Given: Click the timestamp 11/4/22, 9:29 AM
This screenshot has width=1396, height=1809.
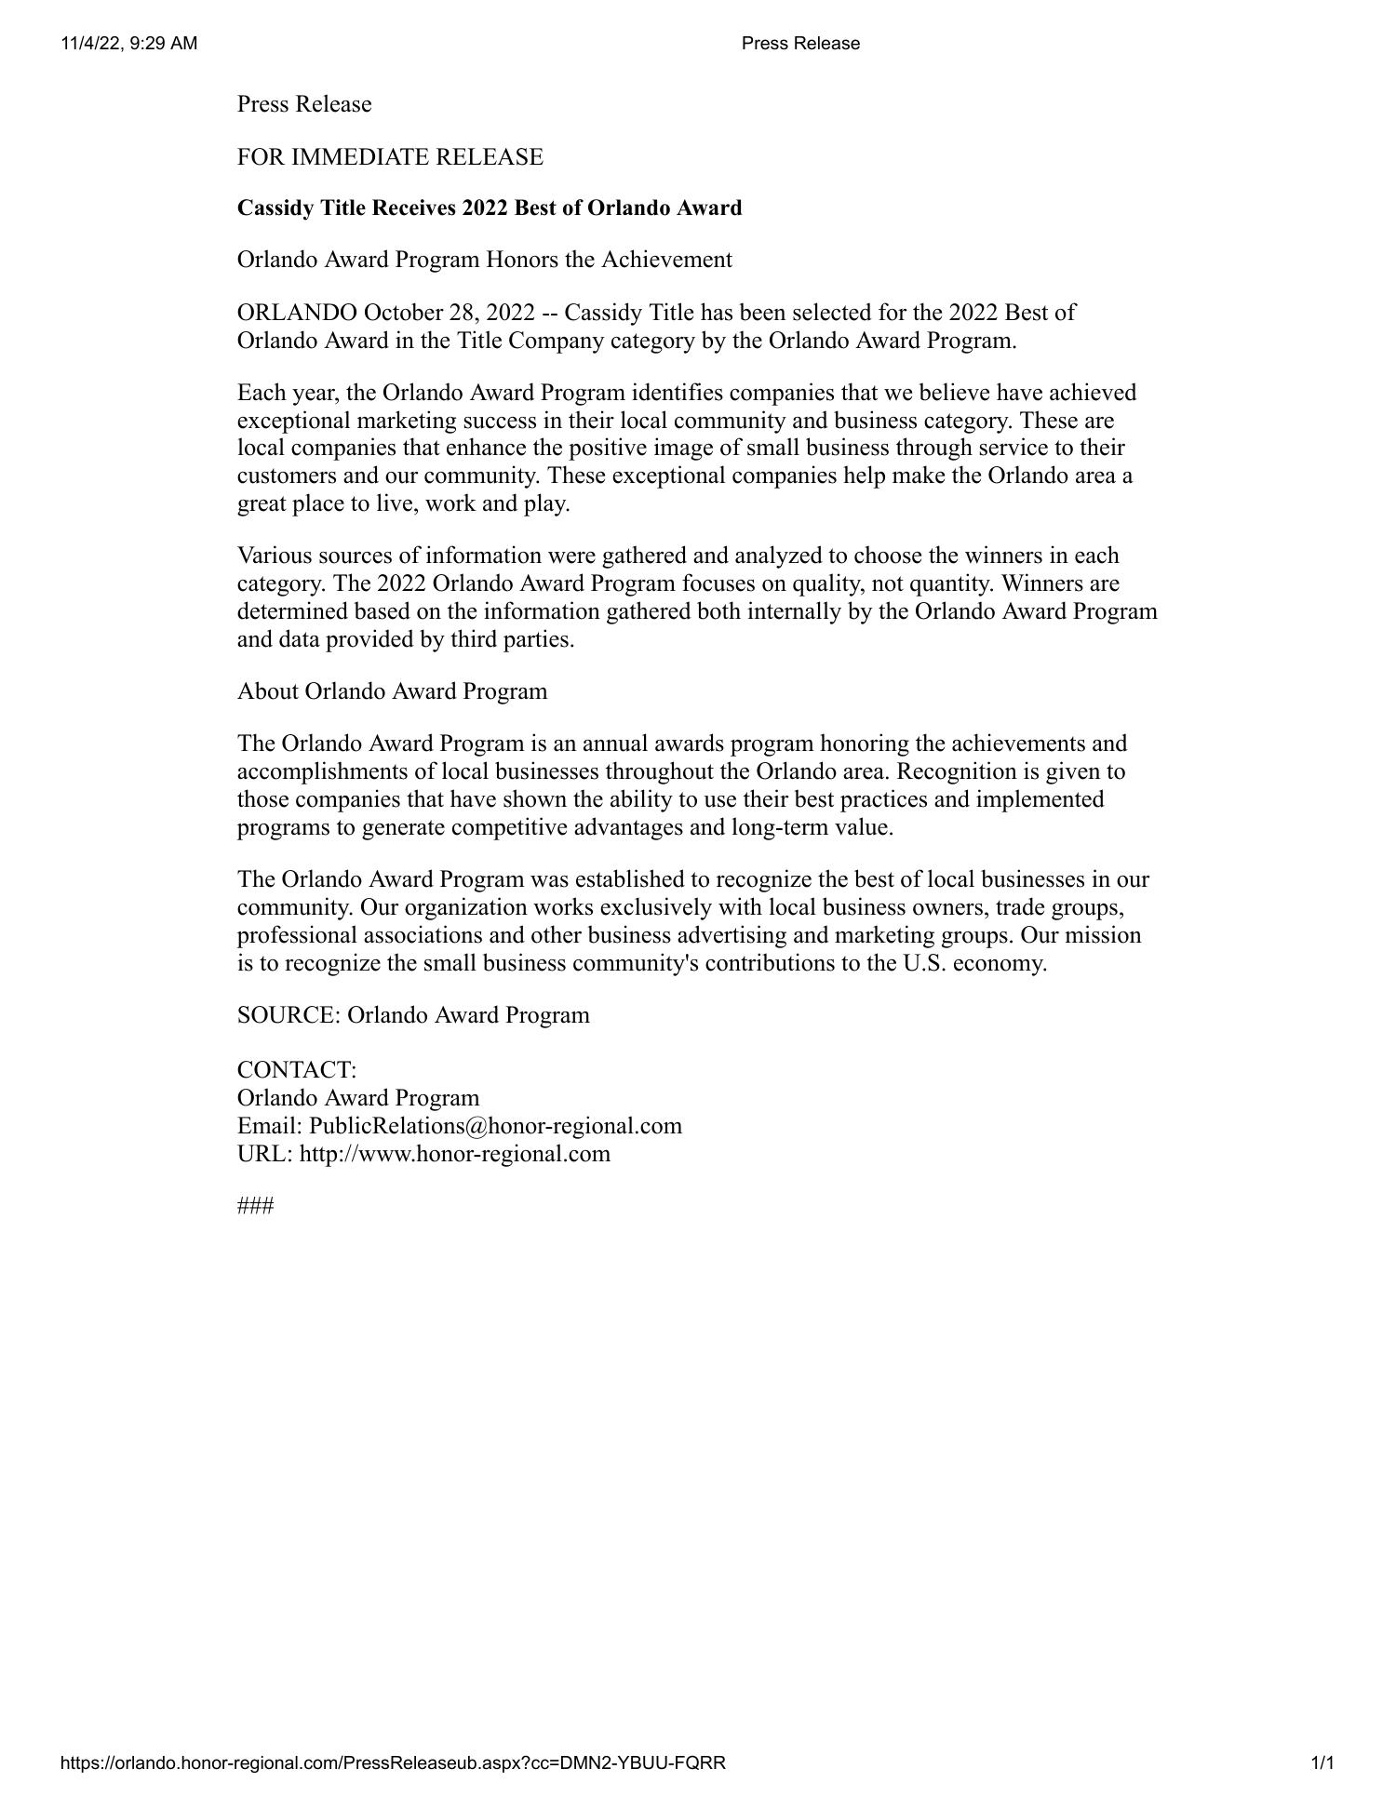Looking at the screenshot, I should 129,44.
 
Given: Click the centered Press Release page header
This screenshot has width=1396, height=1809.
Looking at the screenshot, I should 800,44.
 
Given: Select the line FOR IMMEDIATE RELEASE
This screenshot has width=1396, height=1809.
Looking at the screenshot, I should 390,156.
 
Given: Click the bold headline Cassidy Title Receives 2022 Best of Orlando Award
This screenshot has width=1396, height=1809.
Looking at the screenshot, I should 490,208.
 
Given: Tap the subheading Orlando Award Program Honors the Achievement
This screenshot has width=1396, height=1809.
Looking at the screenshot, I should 485,260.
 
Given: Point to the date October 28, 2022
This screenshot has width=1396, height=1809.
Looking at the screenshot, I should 450,312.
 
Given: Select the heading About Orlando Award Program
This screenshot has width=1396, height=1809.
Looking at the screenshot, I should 392,691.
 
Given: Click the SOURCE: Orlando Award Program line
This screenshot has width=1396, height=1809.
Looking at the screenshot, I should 413,1015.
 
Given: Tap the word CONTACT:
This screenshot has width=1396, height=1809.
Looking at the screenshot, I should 297,1069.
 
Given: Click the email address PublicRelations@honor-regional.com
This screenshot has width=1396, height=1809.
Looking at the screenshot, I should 495,1126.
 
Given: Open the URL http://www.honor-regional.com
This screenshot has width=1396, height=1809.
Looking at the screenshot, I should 455,1154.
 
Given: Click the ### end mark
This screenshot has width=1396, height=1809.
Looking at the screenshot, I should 255,1207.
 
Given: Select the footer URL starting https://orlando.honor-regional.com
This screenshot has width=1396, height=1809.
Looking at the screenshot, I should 393,1762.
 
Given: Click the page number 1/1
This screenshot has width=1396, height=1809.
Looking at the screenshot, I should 1322,1762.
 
